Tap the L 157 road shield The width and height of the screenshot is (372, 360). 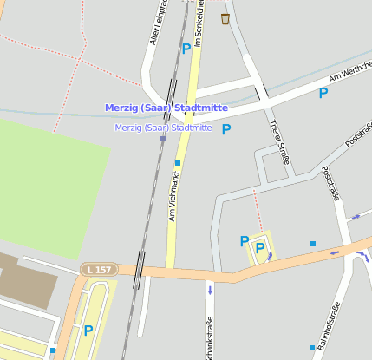click(98, 270)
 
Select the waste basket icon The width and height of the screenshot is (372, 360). click(225, 18)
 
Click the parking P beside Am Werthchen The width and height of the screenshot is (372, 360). click(323, 93)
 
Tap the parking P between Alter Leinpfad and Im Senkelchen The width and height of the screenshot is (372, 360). click(186, 49)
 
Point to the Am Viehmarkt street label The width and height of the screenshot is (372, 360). click(173, 195)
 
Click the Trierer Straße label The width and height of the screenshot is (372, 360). click(279, 141)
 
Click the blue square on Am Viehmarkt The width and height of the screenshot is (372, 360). click(178, 162)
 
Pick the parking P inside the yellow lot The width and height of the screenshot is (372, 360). click(259, 249)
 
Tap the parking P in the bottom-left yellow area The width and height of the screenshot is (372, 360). click(88, 330)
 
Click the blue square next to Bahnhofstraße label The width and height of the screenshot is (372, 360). click(313, 348)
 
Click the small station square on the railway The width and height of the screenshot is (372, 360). click(162, 139)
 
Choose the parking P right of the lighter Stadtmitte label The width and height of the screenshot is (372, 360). click(226, 129)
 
